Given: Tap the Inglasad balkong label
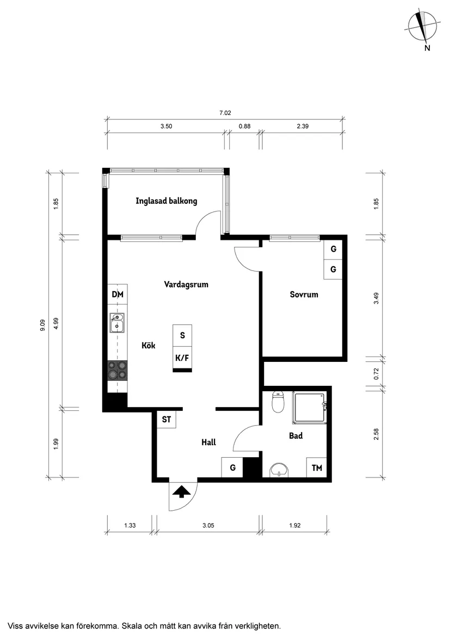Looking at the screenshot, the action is (x=166, y=201).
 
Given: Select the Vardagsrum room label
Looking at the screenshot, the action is (x=186, y=284).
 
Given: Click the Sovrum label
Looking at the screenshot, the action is (x=304, y=294).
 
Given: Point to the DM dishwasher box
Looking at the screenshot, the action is (x=118, y=294).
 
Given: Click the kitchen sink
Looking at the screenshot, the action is (x=117, y=323).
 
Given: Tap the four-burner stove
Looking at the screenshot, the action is (x=118, y=371).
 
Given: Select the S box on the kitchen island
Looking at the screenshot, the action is (x=182, y=336).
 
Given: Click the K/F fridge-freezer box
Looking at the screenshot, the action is (x=182, y=358).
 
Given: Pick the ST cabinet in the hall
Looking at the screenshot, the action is (x=167, y=419).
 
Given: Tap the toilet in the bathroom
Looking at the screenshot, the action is (x=278, y=402).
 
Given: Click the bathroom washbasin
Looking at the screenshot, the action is (x=279, y=470).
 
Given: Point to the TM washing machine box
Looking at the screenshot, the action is (x=317, y=468).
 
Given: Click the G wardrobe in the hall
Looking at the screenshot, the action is (x=232, y=468).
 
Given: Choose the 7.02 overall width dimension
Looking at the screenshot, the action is (x=225, y=113).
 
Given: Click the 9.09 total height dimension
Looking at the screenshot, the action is (x=42, y=325).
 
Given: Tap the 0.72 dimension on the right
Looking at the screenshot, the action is (x=377, y=373).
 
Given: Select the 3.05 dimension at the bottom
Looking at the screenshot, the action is (x=208, y=525).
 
